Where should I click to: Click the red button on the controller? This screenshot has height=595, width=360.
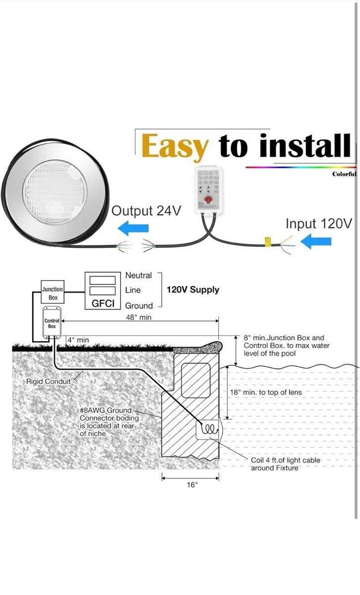point(208,201)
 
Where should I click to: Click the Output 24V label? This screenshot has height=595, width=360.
point(146,211)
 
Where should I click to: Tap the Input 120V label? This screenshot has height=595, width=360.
point(319,224)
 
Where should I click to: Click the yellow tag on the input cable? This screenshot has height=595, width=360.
point(267,242)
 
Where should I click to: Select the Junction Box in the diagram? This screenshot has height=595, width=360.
point(52,293)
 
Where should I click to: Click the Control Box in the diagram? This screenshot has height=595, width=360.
point(52,324)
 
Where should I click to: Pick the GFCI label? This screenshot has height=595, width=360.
point(103,303)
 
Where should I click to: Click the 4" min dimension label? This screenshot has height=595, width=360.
point(78,340)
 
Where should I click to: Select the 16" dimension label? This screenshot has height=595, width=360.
point(192,485)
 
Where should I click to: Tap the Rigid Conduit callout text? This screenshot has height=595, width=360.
point(49,381)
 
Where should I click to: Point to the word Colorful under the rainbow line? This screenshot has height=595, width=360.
point(344,174)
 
